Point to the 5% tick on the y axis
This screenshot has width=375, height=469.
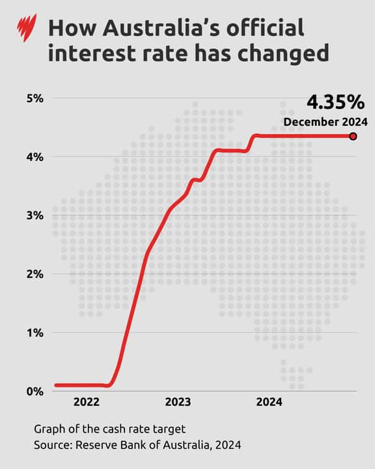click(x=34, y=98)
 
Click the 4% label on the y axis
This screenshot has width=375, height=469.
click(x=34, y=157)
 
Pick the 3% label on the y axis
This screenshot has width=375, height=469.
click(x=34, y=216)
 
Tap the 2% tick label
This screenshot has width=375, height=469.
click(x=34, y=274)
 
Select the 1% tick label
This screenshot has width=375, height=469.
click(x=34, y=333)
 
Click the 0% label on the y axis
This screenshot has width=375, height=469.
click(x=34, y=391)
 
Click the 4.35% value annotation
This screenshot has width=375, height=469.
click(x=336, y=104)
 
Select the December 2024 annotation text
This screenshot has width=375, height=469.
click(x=326, y=122)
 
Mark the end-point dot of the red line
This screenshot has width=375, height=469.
click(x=353, y=136)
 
